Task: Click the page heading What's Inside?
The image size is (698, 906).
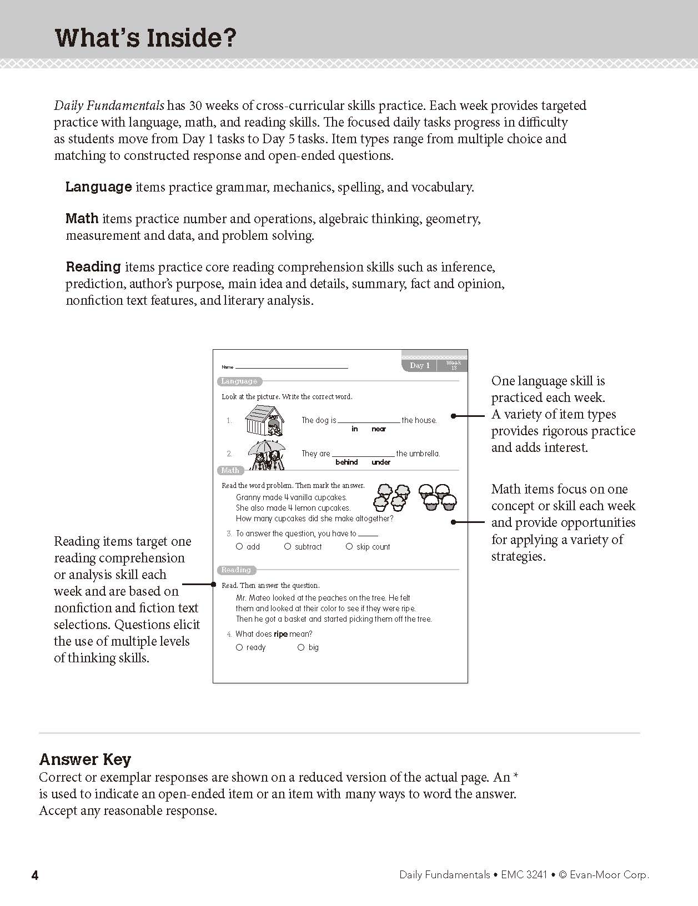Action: pyautogui.click(x=145, y=38)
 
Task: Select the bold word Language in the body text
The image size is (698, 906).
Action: pyautogui.click(x=98, y=187)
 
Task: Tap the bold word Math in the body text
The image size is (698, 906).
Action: pyautogui.click(x=82, y=219)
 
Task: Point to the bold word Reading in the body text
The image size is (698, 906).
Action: pyautogui.click(x=93, y=267)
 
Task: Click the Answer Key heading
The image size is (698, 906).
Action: pyautogui.click(x=85, y=759)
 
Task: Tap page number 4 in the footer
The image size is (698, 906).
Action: pyautogui.click(x=35, y=875)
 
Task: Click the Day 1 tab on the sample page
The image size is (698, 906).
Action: pyautogui.click(x=420, y=365)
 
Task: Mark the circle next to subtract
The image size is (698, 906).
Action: pyautogui.click(x=288, y=546)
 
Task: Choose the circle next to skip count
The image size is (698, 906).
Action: pyautogui.click(x=349, y=546)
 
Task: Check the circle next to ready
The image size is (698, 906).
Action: pyautogui.click(x=239, y=647)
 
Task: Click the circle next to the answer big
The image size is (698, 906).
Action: pyautogui.click(x=301, y=647)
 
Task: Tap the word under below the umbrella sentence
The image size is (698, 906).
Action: pyautogui.click(x=381, y=462)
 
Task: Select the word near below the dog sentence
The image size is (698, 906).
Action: pyautogui.click(x=379, y=429)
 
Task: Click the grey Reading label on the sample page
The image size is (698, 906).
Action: pyautogui.click(x=236, y=570)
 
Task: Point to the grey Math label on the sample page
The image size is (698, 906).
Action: pyautogui.click(x=230, y=470)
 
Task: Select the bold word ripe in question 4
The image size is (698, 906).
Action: pyautogui.click(x=280, y=634)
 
